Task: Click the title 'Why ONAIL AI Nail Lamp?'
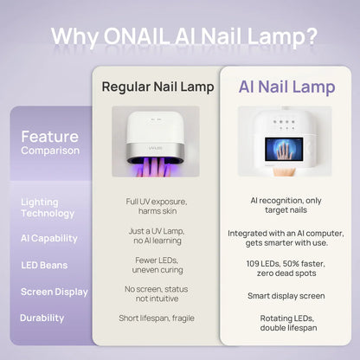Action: click(183, 36)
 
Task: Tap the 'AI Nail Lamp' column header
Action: click(286, 87)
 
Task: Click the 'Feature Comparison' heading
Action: click(50, 143)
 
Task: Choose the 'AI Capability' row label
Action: click(48, 238)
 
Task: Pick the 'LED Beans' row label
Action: click(44, 265)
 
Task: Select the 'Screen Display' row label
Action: click(55, 292)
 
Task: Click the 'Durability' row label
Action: click(42, 318)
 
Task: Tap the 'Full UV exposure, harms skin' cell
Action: click(156, 207)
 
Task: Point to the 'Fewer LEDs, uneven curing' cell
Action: click(156, 265)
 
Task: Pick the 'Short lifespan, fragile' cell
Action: click(156, 318)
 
